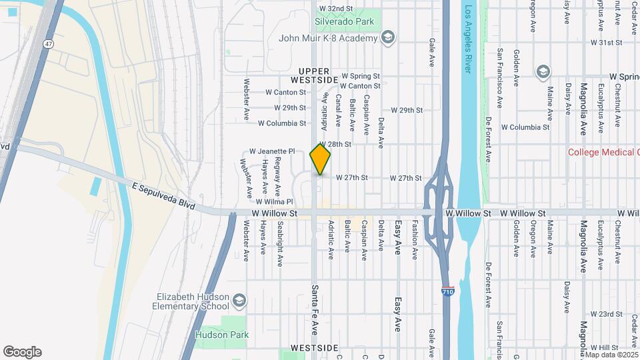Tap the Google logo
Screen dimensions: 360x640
tap(22, 352)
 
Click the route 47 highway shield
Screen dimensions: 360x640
tap(49, 43)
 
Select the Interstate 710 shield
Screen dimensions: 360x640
tap(449, 292)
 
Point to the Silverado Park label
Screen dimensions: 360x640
tap(344, 21)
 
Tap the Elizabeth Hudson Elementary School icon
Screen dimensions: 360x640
tap(239, 301)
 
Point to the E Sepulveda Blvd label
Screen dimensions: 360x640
tap(163, 197)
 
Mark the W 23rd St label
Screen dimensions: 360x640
tap(606, 314)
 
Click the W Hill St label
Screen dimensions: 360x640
tap(606, 348)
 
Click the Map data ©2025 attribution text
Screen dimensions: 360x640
tap(611, 355)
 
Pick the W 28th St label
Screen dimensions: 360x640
tap(336, 144)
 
